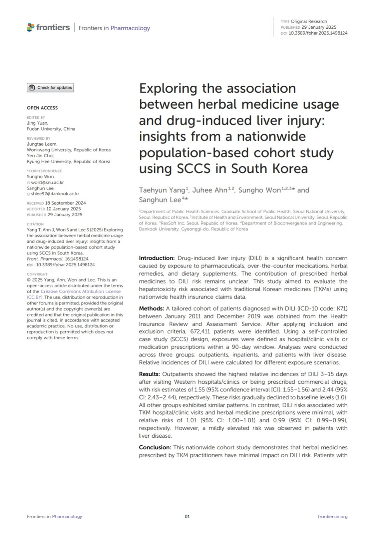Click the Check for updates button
click(50, 88)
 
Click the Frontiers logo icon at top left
click(31, 27)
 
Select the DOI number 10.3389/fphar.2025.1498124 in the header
click(318, 33)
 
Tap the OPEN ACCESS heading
click(42, 108)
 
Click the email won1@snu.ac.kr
click(48, 183)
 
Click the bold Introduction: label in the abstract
click(157, 258)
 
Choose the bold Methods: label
click(151, 309)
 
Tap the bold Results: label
click(149, 374)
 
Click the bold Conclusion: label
click(155, 448)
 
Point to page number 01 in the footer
click(187, 516)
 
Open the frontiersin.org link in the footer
click(332, 516)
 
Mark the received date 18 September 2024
click(66, 203)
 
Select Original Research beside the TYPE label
click(309, 21)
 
